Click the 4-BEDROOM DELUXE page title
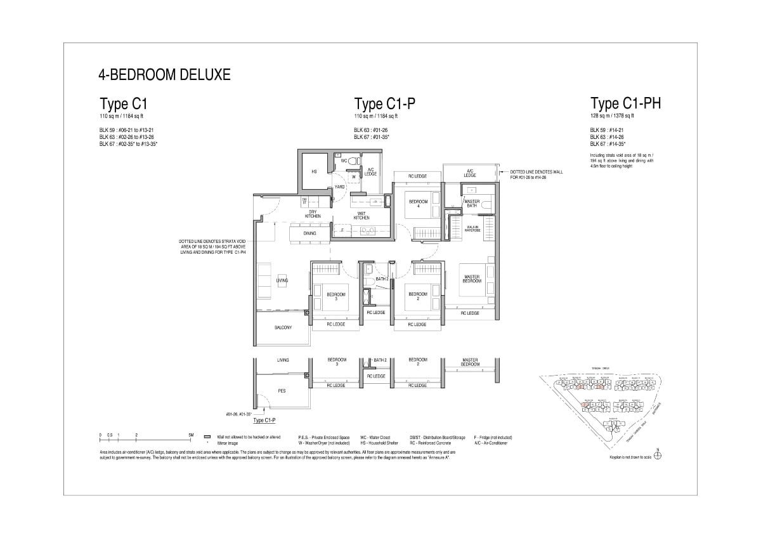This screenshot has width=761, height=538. (164, 75)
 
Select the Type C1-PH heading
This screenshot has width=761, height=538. (625, 103)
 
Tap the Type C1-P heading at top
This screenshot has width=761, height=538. (385, 104)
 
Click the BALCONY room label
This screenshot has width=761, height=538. (283, 327)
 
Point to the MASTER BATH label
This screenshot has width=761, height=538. (472, 203)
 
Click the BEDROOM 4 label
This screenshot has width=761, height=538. (419, 203)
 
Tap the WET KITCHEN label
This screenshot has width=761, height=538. (361, 216)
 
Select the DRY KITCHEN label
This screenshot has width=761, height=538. (313, 214)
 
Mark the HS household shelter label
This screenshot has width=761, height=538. (313, 171)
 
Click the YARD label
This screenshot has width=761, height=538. (339, 187)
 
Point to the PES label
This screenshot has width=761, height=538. (282, 391)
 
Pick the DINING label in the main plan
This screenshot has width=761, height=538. (309, 233)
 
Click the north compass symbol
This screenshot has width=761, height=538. (658, 456)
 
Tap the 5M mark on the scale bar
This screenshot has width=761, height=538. (191, 435)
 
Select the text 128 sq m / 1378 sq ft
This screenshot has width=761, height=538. (612, 116)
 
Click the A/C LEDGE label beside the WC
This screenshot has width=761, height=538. (371, 171)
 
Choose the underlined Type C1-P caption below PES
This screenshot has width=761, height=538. (264, 421)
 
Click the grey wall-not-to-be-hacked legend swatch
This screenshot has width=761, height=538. (207, 437)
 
